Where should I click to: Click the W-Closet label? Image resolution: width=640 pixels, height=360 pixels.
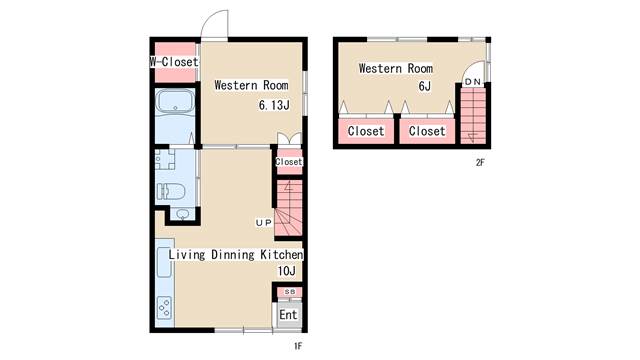click(174, 62)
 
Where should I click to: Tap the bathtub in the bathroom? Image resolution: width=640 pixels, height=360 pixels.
click(176, 101)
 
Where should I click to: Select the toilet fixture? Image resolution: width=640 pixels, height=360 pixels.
click(171, 191)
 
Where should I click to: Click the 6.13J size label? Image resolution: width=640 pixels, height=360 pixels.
click(274, 105)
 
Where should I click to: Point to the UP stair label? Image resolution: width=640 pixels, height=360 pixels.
click(263, 223)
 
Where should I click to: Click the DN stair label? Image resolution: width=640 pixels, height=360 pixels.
click(473, 82)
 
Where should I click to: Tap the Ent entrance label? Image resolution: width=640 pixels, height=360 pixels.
click(288, 315)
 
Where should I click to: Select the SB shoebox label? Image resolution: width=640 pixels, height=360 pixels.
click(289, 292)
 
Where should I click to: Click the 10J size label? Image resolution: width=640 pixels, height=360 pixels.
click(287, 271)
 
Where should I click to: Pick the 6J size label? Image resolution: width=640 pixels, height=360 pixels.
click(424, 86)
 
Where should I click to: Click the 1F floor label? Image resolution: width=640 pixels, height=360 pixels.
click(298, 346)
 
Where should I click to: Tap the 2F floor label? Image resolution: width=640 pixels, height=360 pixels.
click(480, 162)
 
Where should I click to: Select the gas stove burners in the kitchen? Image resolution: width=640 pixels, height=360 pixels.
click(164, 307)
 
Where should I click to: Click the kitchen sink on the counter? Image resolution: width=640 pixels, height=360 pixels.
click(164, 262)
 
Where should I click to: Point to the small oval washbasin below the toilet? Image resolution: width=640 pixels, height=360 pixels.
click(182, 214)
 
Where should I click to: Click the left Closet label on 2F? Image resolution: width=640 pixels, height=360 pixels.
click(366, 131)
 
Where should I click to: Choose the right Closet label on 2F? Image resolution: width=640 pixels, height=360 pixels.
click(427, 131)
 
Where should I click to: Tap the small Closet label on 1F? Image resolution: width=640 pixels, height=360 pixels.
click(289, 162)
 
